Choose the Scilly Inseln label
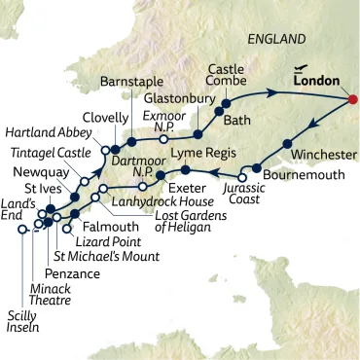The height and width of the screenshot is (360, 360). pyautogui.click(x=28, y=322)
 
